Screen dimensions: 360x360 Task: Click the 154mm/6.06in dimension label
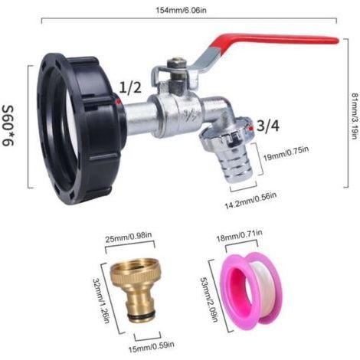click(x=181, y=11)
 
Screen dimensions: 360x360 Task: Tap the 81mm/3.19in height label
click(x=355, y=116)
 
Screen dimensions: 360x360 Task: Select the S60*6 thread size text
click(x=8, y=126)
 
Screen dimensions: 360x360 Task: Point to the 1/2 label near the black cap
click(x=130, y=87)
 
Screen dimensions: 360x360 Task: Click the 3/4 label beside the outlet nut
click(x=268, y=126)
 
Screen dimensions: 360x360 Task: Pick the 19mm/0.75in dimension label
click(x=286, y=153)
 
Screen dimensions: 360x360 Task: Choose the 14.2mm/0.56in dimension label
click(x=250, y=201)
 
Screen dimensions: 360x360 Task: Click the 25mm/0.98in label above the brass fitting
click(x=129, y=239)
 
